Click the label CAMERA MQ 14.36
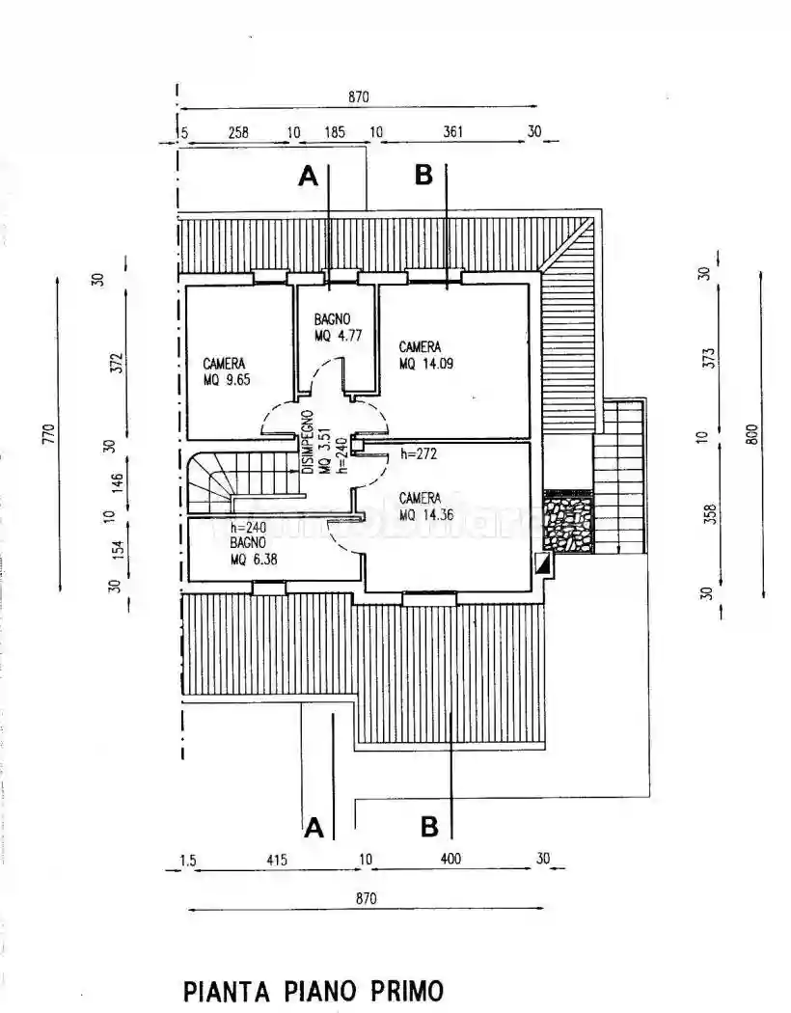point(425,506)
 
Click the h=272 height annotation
point(421,453)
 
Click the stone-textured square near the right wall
point(567,522)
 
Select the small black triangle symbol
point(543,566)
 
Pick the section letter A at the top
point(308,176)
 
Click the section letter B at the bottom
point(429,827)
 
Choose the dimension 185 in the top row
point(335,132)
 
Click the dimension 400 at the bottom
point(450,859)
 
